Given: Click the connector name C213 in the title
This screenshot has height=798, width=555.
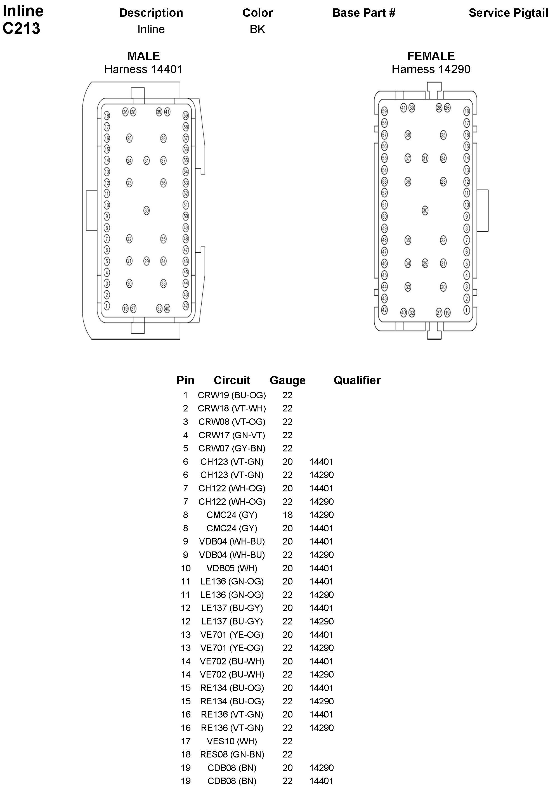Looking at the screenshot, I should point(21,29).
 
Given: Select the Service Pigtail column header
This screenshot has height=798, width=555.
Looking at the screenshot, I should point(508,13).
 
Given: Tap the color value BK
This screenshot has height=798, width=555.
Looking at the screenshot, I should point(257,29).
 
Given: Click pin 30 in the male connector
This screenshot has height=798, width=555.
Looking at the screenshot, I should point(147,210).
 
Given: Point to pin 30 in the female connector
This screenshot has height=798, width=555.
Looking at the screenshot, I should point(425,210).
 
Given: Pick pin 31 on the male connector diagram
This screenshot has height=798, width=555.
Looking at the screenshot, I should point(147,160).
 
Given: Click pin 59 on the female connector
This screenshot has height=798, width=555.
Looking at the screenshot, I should point(384,111).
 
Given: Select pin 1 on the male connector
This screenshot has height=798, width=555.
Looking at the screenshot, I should point(107,306).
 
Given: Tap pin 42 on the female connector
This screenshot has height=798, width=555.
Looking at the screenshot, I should point(384,310).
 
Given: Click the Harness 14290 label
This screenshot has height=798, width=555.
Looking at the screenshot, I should point(431,69).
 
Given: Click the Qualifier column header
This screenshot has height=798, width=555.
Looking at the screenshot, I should point(357,380).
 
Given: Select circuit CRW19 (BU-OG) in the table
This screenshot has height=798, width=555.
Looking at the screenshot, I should point(232,395).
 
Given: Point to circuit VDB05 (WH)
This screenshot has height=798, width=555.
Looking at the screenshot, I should point(232,568).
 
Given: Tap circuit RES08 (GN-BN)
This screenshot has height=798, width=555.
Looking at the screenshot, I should point(232,755).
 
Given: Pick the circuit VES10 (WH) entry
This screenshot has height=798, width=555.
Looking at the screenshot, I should point(232,741).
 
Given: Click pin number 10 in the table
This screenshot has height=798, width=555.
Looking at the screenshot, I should point(185,568).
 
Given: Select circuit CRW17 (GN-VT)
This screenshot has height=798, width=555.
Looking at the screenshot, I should point(232,435).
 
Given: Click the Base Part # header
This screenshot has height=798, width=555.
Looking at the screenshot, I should point(364,13).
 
